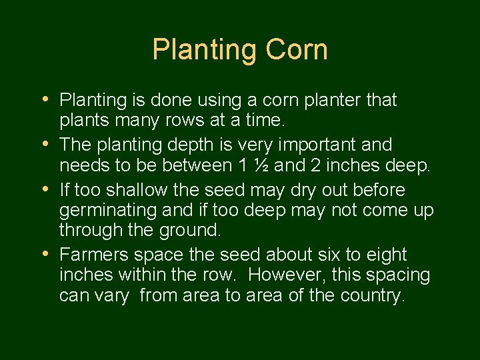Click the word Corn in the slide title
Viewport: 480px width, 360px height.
[x=297, y=50]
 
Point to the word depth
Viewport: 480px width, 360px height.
[x=189, y=145]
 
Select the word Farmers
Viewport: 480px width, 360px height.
[x=94, y=255]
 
